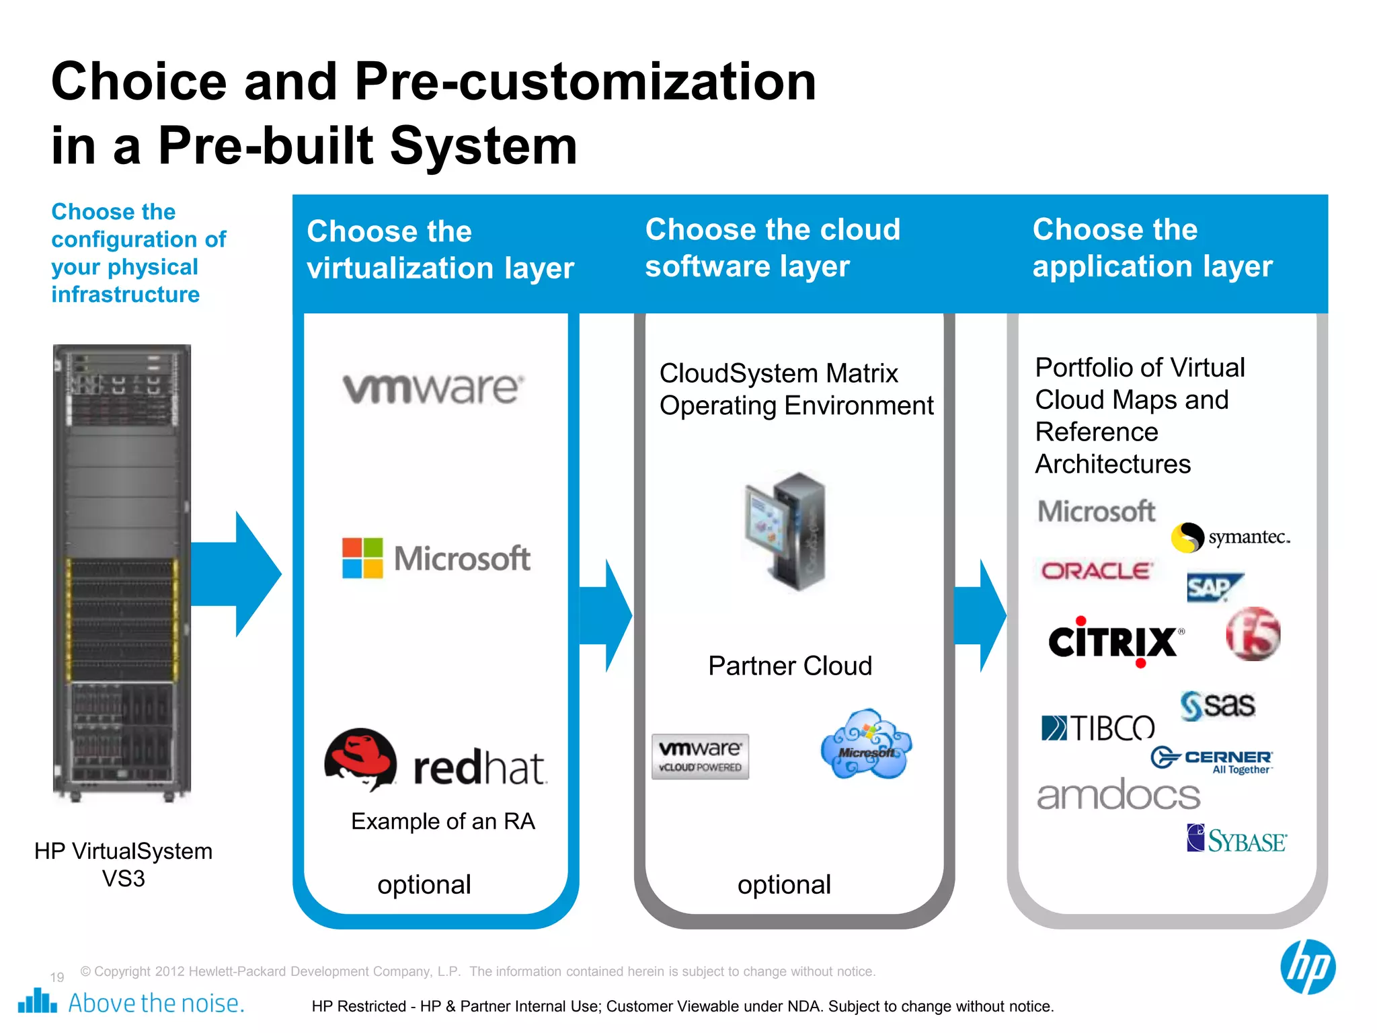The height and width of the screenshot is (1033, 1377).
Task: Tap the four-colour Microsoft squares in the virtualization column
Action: coord(362,558)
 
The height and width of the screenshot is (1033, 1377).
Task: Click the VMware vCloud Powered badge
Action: coord(700,757)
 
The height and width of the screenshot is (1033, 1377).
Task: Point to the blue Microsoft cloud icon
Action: coord(866,744)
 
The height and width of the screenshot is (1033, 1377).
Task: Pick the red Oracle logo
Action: coord(1097,572)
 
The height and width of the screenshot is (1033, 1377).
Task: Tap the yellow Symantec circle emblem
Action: coord(1187,537)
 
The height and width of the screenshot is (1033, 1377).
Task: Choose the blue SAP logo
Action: coord(1213,588)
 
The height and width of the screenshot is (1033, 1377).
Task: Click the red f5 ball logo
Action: coord(1253,634)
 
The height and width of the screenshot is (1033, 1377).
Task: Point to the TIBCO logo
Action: coord(1097,728)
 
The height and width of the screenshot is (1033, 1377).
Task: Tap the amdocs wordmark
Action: coord(1118,796)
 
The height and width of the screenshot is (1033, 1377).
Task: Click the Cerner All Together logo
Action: coord(1212,760)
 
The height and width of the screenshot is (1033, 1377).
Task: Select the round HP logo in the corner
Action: coord(1307,967)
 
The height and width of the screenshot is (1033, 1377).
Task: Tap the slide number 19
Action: coord(57,977)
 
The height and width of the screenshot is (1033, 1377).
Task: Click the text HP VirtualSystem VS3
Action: coord(124,865)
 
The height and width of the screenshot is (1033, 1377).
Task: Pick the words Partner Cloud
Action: coord(790,666)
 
